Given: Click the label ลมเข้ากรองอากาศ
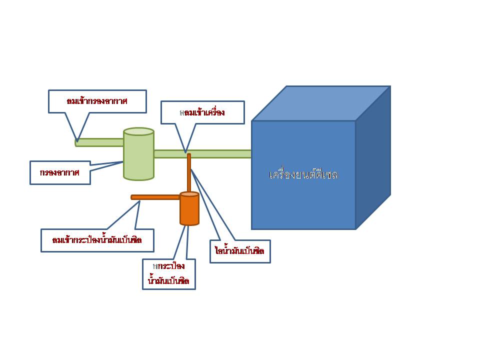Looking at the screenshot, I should pyautogui.click(x=97, y=101).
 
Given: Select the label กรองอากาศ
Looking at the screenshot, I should pyautogui.click(x=60, y=172).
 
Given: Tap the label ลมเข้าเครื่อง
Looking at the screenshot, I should pyautogui.click(x=202, y=112).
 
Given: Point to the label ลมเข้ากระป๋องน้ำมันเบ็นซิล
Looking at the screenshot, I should pyautogui.click(x=97, y=240).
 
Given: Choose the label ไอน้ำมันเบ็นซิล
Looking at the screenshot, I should pyautogui.click(x=240, y=251).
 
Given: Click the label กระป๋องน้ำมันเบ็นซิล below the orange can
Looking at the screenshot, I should pyautogui.click(x=168, y=273).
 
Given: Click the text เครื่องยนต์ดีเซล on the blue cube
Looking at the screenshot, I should pyautogui.click(x=303, y=175).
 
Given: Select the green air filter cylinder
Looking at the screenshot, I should pyautogui.click(x=138, y=157).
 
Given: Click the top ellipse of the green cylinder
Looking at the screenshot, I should pyautogui.click(x=138, y=131).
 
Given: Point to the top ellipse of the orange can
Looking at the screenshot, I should pyautogui.click(x=189, y=194).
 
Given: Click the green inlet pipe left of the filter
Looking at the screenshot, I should pyautogui.click(x=99, y=142).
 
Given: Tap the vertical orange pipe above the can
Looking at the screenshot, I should pyautogui.click(x=189, y=172).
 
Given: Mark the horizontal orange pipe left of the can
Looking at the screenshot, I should pyautogui.click(x=155, y=197).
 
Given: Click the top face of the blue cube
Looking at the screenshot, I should pyautogui.click(x=320, y=103).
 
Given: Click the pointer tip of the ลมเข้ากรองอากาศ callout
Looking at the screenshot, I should pyautogui.click(x=77, y=141).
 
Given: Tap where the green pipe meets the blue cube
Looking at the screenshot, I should pyautogui.click(x=251, y=153).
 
